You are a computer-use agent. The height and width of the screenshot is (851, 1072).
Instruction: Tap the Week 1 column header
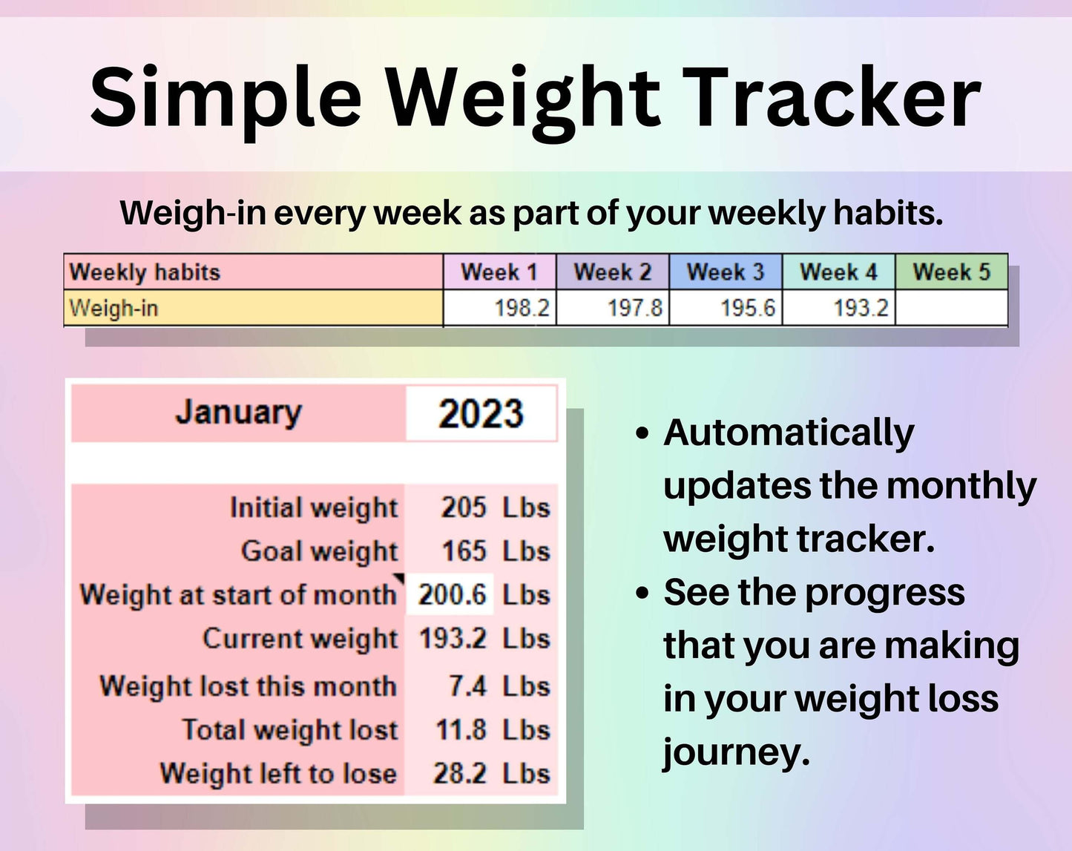[x=499, y=272]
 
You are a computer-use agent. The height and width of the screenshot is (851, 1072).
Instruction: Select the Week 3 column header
[x=726, y=272]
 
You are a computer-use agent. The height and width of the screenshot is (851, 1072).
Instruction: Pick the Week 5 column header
[x=952, y=272]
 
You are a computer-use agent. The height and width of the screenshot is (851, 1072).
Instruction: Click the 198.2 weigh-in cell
[x=499, y=308]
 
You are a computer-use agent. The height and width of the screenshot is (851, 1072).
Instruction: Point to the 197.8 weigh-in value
[x=635, y=308]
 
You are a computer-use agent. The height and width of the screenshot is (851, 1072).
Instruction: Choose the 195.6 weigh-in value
[x=749, y=308]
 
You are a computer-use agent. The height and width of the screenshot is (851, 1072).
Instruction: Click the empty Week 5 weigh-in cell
[x=952, y=308]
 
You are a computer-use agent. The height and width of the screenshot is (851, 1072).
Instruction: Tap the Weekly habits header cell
[x=253, y=272]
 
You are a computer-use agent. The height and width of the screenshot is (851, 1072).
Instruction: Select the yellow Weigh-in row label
[x=253, y=308]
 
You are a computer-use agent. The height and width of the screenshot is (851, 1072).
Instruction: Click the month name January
[x=238, y=413]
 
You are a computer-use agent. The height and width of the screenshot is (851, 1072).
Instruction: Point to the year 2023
[x=481, y=413]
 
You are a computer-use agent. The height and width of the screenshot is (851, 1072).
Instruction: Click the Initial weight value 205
[x=464, y=507]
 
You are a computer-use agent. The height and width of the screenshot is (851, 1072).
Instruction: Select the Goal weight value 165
[x=464, y=551]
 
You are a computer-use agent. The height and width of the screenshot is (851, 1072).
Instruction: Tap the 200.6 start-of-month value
[x=452, y=595]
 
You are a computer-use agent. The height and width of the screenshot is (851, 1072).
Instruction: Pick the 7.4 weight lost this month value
[x=467, y=686]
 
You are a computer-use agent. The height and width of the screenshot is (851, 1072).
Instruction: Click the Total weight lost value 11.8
[x=461, y=730]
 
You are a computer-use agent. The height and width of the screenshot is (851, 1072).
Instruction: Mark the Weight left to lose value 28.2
[x=459, y=774]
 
